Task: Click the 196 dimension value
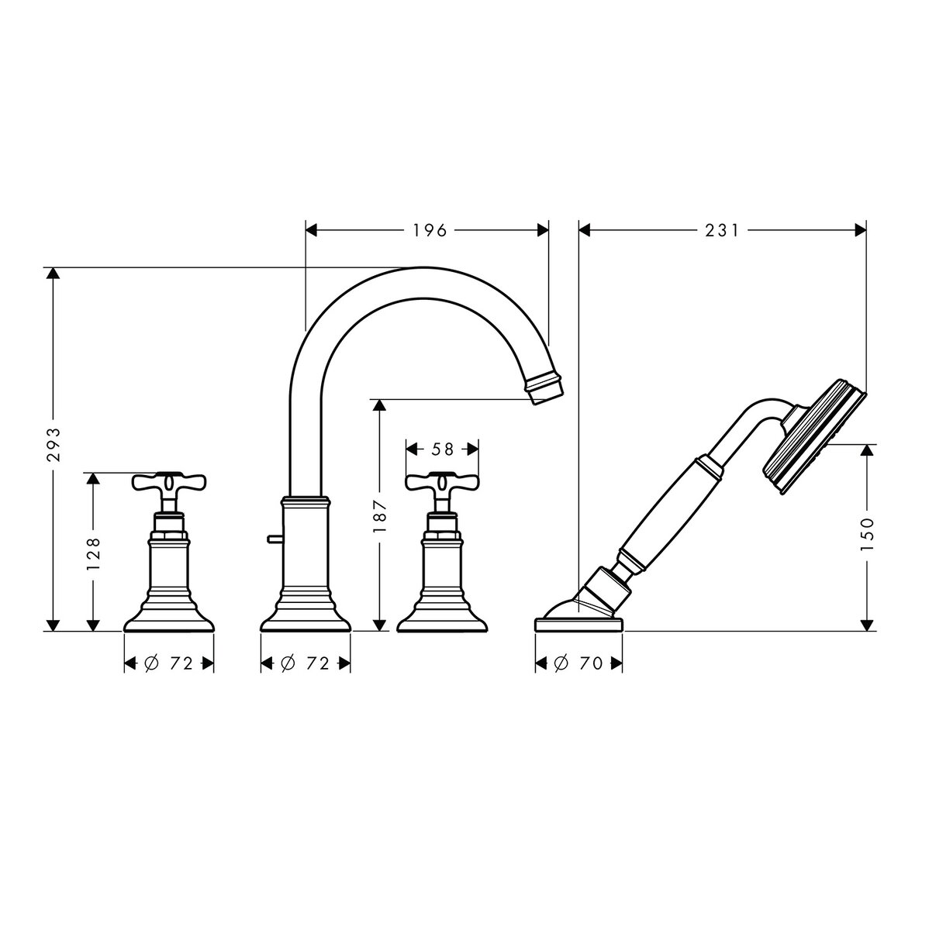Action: pyautogui.click(x=430, y=231)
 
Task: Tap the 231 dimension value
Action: pyautogui.click(x=722, y=231)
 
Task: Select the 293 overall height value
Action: pyautogui.click(x=54, y=445)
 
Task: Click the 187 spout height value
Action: pyautogui.click(x=380, y=516)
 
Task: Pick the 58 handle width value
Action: pyautogui.click(x=442, y=449)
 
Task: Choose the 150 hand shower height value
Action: pyautogui.click(x=868, y=535)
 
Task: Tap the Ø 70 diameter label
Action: pyautogui.click(x=578, y=663)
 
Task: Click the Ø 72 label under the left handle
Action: pyautogui.click(x=168, y=663)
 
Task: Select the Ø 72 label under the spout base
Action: pyautogui.click(x=305, y=663)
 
